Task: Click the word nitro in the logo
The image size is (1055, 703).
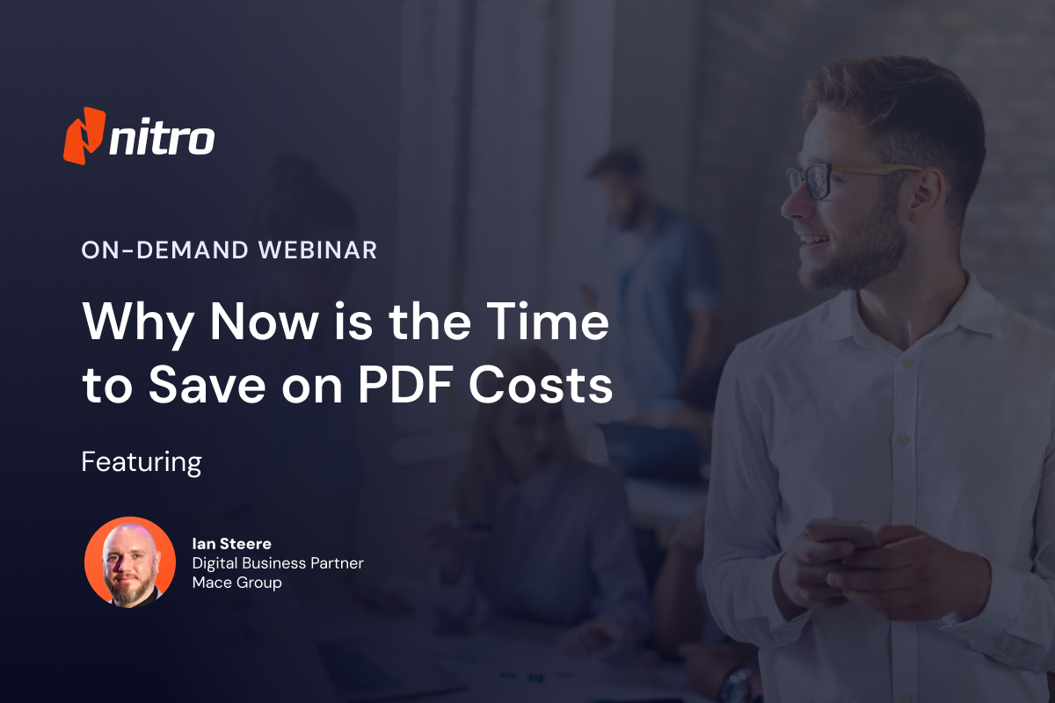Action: point(162,139)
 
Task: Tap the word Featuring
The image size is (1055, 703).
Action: point(142,461)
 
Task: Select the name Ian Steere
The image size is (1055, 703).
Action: point(231,544)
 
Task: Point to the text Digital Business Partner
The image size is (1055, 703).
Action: point(277,563)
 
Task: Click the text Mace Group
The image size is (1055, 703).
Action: point(236,583)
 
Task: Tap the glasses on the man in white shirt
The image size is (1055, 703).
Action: point(813,181)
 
